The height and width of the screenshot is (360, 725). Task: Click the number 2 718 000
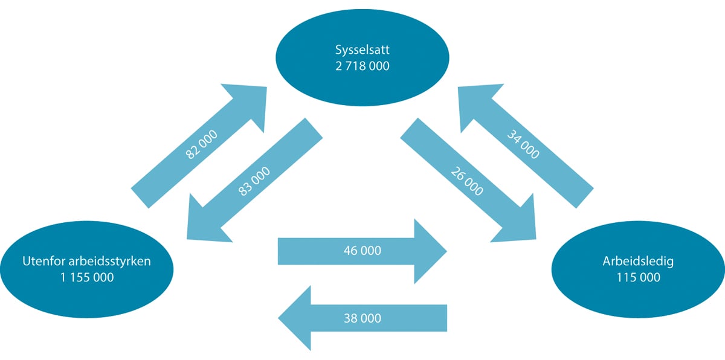pyautogui.click(x=362, y=65)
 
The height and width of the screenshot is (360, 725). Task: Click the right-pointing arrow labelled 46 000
pyautogui.click(x=356, y=251)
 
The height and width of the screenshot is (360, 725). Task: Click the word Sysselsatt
pyautogui.click(x=362, y=50)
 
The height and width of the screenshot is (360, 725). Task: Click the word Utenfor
pyautogui.click(x=42, y=262)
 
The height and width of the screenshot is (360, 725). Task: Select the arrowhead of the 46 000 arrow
pyautogui.click(x=430, y=251)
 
